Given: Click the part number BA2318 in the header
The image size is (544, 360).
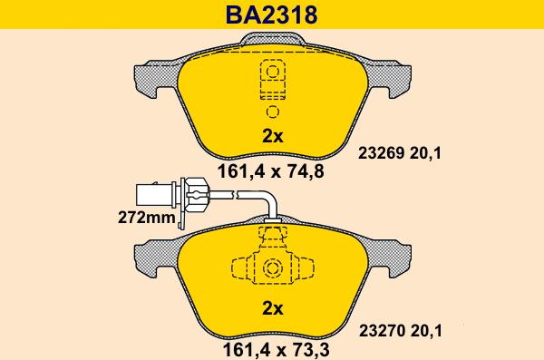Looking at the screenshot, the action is (272, 15).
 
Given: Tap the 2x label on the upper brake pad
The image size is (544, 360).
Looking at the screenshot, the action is (272, 136).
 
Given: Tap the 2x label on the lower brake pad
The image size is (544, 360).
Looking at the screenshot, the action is (273, 308).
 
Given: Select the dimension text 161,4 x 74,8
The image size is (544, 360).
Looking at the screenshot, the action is (270, 171).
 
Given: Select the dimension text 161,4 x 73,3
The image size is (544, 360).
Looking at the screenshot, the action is (277, 350).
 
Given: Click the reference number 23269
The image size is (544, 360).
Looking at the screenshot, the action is (382, 153).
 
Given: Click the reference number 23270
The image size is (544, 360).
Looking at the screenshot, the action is (382, 331).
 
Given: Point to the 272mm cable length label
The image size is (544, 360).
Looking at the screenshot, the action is (147, 218).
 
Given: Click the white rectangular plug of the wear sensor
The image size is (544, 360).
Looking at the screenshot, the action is (154, 195).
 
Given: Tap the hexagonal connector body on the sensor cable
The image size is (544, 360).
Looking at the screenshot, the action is (196, 195).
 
